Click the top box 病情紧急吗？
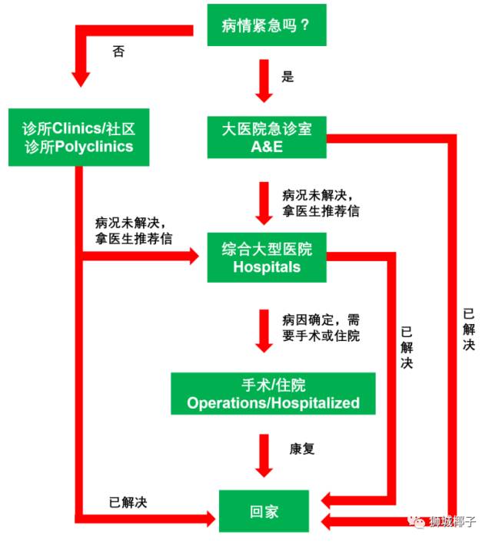267,25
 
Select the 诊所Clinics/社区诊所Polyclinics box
78,137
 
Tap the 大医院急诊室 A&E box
267,137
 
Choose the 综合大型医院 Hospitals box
267,257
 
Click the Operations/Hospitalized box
273,393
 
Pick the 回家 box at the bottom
264,512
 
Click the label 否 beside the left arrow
118,51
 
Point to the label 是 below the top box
288,77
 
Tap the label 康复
302,449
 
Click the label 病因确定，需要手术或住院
321,328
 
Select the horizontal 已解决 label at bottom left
128,502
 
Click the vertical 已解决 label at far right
469,329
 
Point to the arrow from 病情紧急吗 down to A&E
264,81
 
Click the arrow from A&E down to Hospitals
264,204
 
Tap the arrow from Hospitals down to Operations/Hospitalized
264,331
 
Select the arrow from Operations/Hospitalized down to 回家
264,455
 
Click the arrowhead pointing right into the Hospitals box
194,257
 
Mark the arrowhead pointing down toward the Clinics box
81,80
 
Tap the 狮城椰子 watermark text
453,521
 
